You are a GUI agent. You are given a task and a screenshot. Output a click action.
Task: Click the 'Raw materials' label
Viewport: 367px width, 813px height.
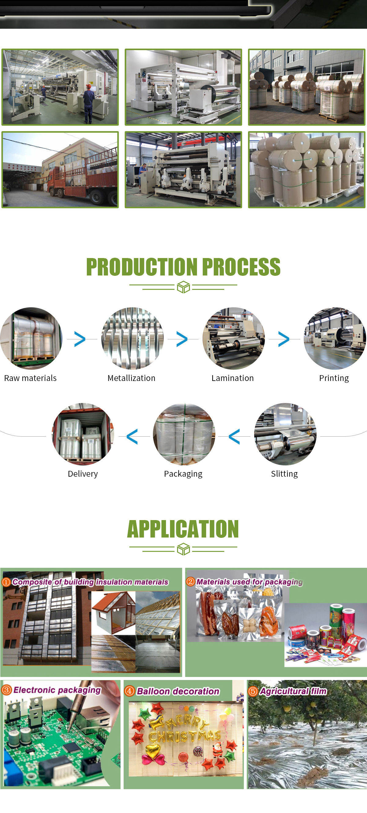point(30,378)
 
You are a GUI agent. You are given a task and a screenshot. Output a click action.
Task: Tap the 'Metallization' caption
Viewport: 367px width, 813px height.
point(131,378)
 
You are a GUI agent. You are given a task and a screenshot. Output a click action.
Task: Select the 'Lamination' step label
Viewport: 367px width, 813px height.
point(232,378)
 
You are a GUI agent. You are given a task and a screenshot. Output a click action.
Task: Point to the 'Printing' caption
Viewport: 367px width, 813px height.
point(334,378)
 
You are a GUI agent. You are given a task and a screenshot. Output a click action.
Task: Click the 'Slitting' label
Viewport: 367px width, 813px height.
point(284,474)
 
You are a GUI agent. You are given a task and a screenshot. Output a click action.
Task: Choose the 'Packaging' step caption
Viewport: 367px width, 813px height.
point(183,474)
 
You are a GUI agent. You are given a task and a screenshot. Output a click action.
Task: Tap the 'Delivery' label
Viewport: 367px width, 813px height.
point(83,474)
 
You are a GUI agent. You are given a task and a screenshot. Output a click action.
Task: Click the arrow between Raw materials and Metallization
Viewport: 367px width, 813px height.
point(80,339)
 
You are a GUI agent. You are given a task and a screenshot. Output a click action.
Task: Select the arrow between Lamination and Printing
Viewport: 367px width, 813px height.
point(284,339)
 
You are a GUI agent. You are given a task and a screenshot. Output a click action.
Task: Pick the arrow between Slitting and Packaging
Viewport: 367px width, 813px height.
point(234,437)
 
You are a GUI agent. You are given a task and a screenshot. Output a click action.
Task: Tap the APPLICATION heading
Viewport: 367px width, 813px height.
point(183,529)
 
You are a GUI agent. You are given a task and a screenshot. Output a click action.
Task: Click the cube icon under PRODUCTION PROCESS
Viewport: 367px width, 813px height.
point(183,287)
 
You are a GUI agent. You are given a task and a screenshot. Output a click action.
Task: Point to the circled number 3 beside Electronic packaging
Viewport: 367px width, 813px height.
point(6,690)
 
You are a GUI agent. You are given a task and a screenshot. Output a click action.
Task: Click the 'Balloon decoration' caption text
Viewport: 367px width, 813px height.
point(178,691)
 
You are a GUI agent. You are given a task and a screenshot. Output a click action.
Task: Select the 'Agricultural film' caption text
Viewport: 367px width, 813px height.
point(293,691)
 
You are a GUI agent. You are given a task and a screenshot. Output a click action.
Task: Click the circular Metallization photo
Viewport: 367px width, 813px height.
point(132,338)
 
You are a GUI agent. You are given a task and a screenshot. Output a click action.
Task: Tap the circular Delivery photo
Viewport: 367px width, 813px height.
point(83,434)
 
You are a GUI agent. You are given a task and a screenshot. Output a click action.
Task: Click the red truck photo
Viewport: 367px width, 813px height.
point(60,169)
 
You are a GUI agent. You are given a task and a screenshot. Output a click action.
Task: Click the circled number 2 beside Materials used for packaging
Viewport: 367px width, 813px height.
point(190,581)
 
